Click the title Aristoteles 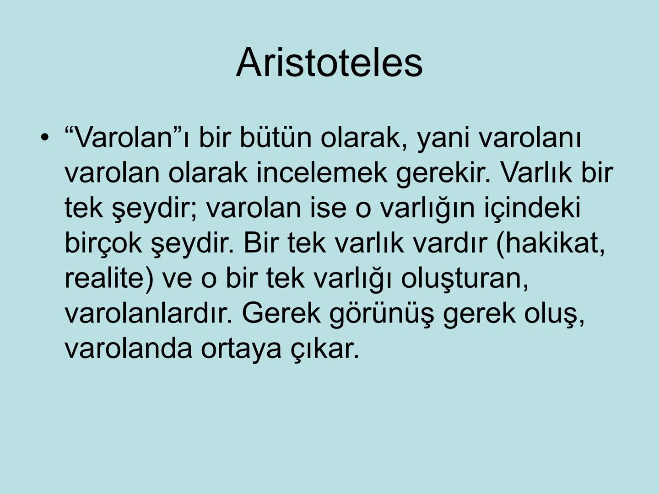tap(329, 63)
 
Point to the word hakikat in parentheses tap(551, 243)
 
